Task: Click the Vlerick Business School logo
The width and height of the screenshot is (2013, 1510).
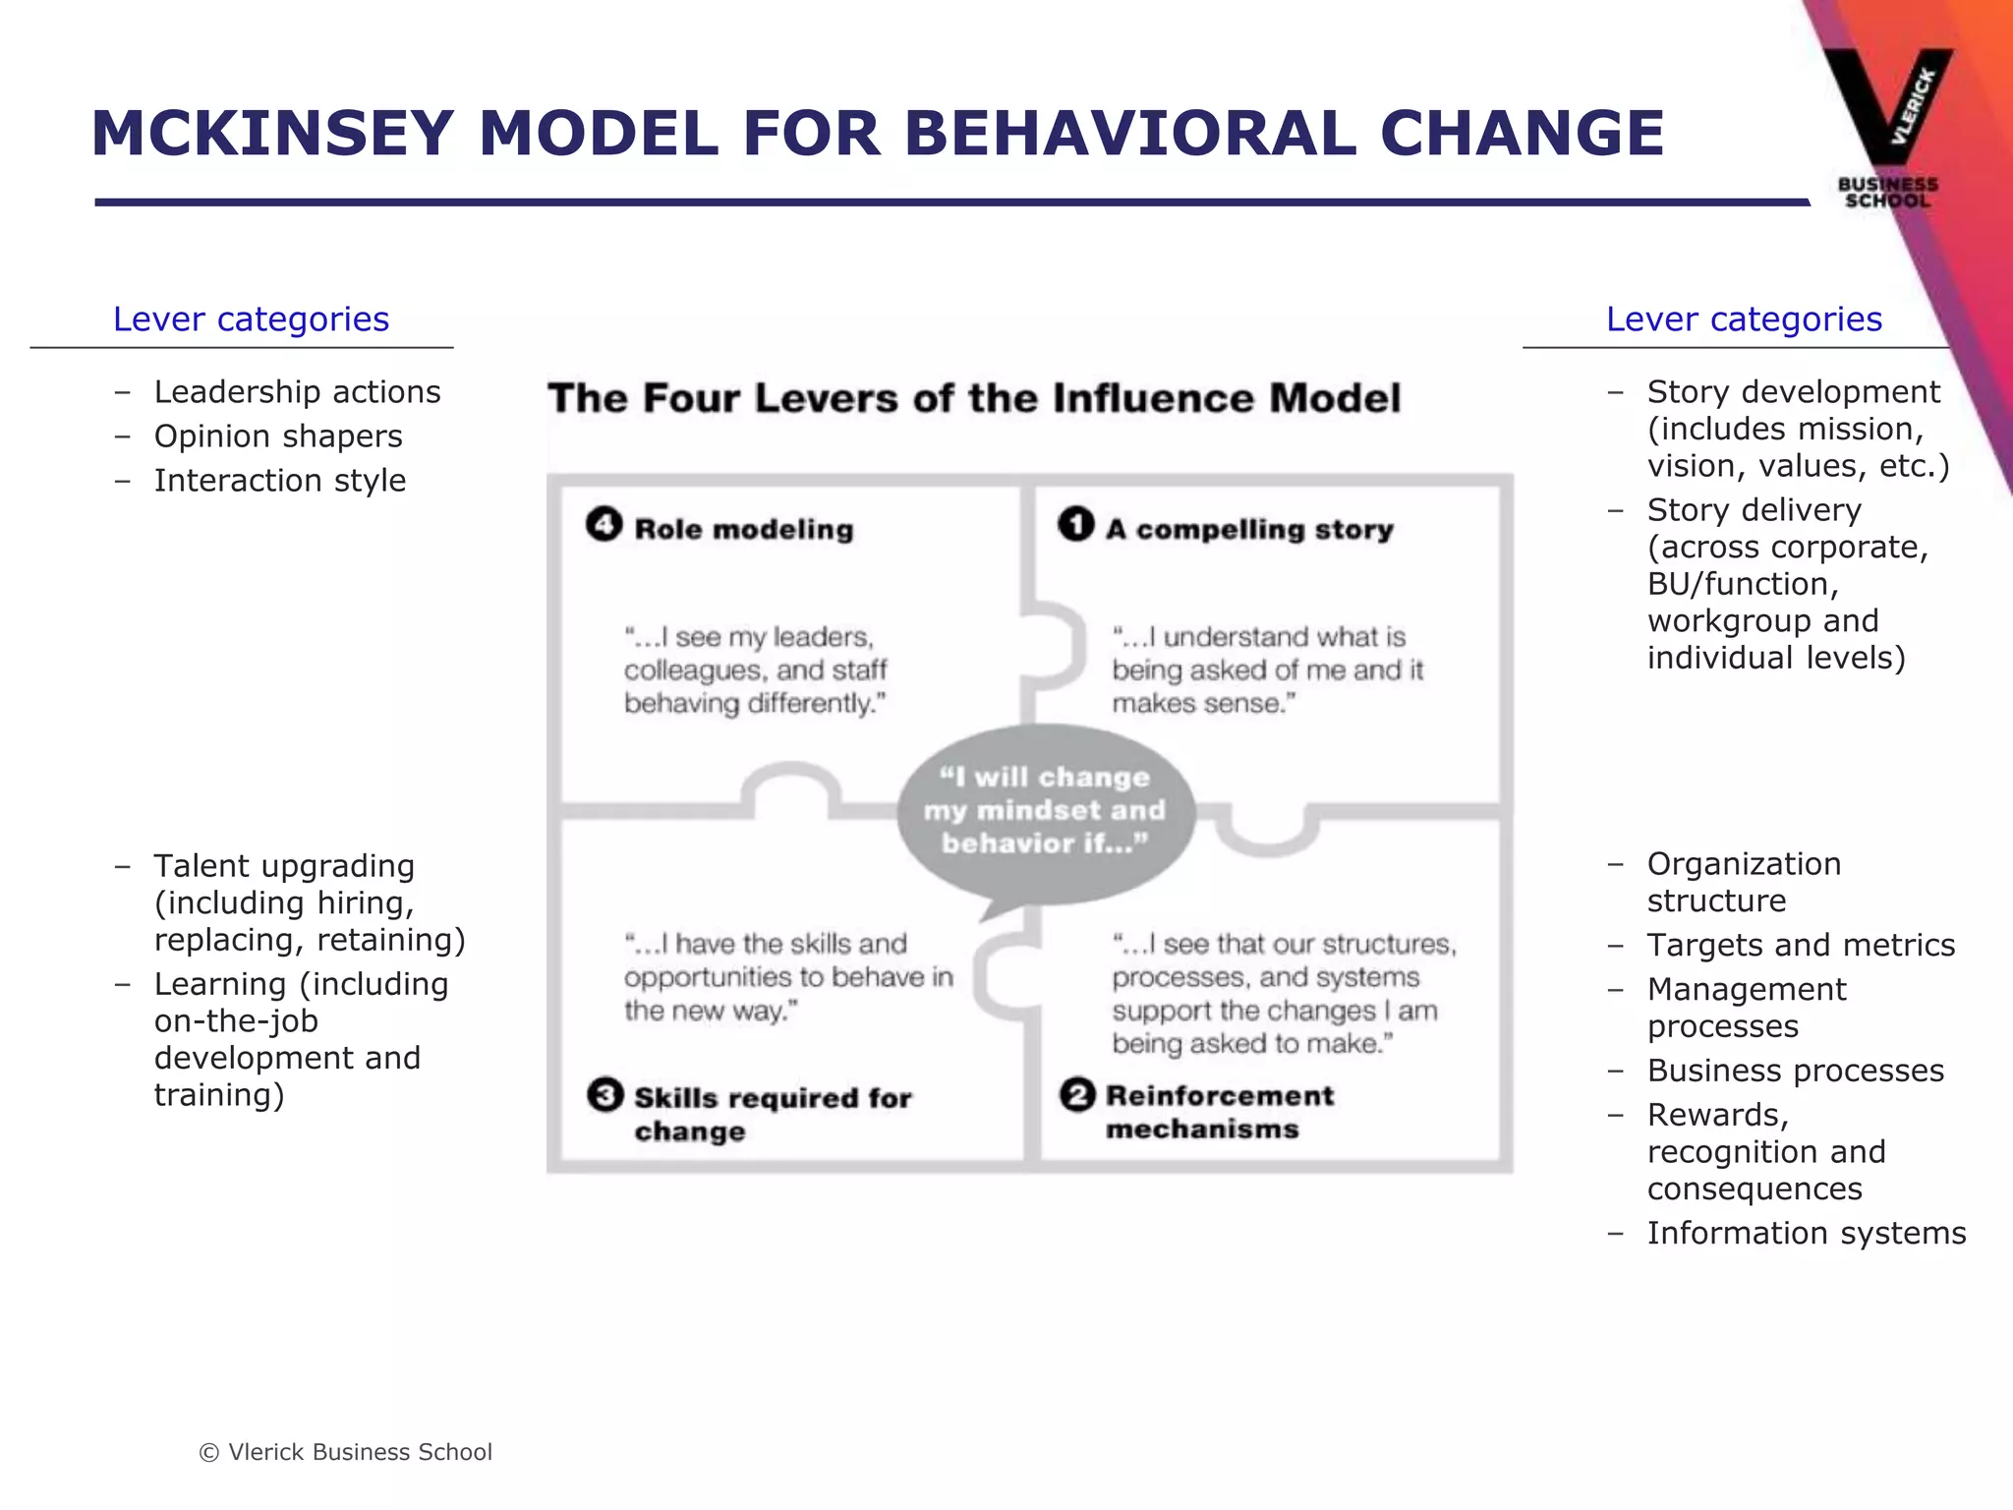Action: coord(1887,128)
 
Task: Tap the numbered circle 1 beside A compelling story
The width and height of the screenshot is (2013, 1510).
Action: coord(1076,524)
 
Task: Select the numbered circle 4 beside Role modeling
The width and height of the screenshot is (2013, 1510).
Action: coord(604,524)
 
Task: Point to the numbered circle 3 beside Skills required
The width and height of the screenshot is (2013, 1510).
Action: coord(605,1094)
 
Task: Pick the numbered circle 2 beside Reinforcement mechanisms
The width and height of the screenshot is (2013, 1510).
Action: coord(1077,1094)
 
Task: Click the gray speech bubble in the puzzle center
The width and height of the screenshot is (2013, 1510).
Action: coord(1045,811)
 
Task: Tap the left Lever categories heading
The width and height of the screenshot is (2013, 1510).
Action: coord(251,319)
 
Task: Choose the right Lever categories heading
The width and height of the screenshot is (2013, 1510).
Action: coord(1744,319)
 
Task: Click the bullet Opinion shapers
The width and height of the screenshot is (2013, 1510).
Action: coord(278,436)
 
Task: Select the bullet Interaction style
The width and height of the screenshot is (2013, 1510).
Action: coord(280,481)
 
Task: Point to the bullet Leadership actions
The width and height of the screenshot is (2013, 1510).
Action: coord(297,392)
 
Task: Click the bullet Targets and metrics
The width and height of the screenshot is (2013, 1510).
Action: coord(1801,946)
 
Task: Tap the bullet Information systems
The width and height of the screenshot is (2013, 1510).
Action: coord(1807,1234)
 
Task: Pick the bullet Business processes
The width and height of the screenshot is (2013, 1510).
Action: coord(1796,1071)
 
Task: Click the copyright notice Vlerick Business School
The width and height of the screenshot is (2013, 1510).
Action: coord(346,1452)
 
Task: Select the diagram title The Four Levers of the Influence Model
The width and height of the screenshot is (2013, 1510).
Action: coord(974,398)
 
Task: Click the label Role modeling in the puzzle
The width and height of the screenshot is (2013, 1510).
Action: coord(744,529)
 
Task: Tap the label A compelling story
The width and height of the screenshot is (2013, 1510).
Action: coord(1249,529)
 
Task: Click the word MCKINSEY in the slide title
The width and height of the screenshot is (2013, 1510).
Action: coord(272,134)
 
